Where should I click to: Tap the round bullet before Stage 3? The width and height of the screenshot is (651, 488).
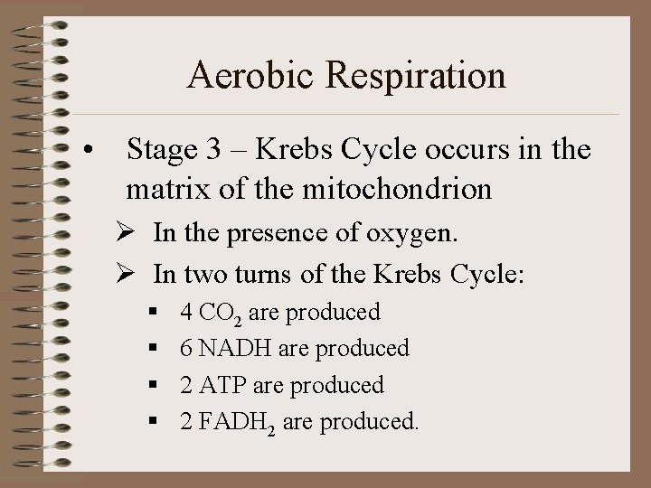[88, 149]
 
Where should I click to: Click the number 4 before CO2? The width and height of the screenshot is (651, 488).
[186, 313]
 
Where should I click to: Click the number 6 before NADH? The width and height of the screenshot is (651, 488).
[186, 348]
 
